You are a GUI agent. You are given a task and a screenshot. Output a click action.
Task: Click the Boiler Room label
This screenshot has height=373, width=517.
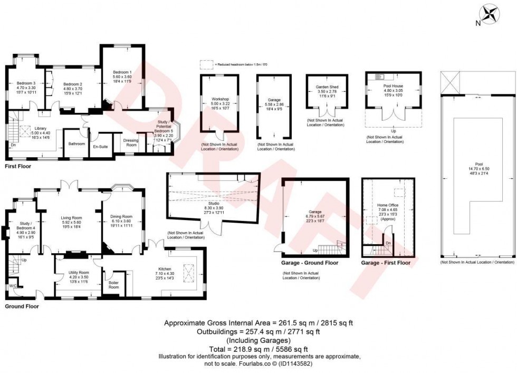click(113, 285)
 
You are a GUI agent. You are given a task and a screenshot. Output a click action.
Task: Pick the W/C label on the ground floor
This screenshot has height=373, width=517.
click(13, 286)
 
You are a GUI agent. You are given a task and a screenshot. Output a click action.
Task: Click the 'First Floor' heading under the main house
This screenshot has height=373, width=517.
click(18, 166)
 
